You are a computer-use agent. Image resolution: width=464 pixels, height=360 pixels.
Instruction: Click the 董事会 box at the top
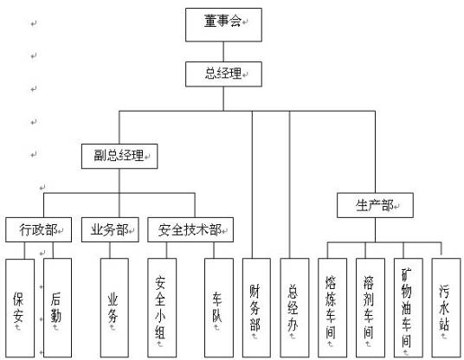click(x=222, y=25)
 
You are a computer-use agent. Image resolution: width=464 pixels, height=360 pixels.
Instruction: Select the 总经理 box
click(x=222, y=74)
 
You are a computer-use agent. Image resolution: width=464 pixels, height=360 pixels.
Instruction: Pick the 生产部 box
click(x=374, y=206)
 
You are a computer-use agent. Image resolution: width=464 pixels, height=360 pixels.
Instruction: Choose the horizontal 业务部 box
click(x=110, y=230)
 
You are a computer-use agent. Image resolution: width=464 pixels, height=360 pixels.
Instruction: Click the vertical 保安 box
click(x=20, y=306)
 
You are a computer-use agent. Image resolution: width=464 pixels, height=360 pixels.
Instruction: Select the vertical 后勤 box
click(x=56, y=306)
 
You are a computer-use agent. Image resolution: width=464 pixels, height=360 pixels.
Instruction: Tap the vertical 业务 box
click(x=113, y=306)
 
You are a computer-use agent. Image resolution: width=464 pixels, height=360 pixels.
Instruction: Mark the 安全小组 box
click(x=162, y=306)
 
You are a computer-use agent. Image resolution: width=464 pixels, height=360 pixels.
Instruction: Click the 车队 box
click(x=219, y=306)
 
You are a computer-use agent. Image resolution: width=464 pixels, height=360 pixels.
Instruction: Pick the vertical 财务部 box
click(x=256, y=306)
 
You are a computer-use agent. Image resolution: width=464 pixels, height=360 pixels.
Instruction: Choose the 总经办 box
click(x=294, y=306)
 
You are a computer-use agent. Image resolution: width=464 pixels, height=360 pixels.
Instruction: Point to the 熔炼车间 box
click(x=332, y=306)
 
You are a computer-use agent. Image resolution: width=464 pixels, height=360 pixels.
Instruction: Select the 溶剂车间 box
click(x=370, y=306)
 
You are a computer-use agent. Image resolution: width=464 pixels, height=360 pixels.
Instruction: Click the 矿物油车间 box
click(x=407, y=306)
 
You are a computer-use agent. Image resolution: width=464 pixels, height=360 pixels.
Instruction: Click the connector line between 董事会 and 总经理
click(x=222, y=52)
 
